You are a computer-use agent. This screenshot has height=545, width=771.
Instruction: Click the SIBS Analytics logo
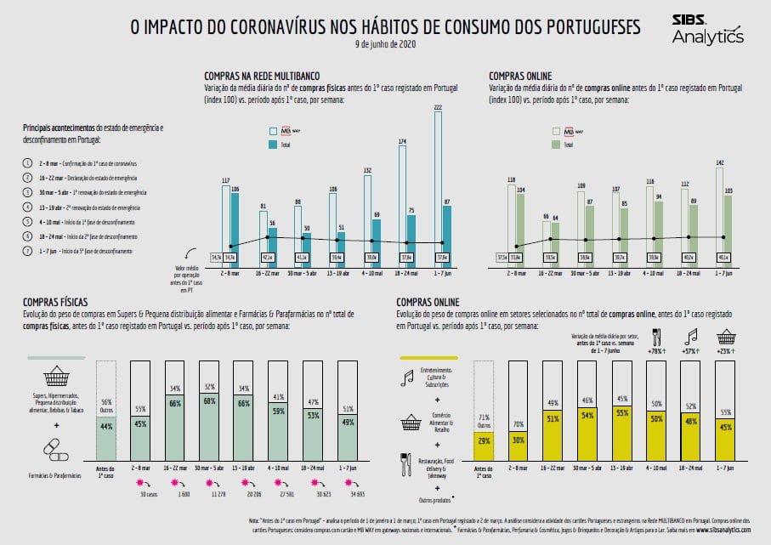coord(706,28)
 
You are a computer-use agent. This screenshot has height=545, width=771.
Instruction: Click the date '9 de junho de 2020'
coord(385,45)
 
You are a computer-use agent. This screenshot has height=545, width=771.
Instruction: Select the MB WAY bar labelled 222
coord(439,179)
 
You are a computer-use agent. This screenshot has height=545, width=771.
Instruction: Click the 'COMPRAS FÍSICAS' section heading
coord(57,303)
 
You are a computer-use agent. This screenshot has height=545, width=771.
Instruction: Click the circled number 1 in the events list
coord(28,162)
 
